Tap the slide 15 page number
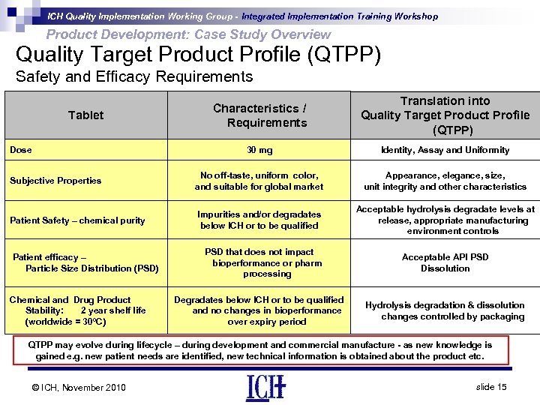[x=491, y=386]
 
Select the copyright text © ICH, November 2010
[x=79, y=387]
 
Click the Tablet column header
[x=85, y=115]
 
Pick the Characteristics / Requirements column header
[x=259, y=115]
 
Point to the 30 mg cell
[x=259, y=150]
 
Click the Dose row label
[x=21, y=150]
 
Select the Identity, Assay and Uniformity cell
[x=445, y=150]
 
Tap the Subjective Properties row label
[x=55, y=181]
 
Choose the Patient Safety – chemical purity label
[x=77, y=220]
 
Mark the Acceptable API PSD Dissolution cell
[x=445, y=262]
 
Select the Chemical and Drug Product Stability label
[x=77, y=310]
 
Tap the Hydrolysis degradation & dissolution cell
[x=445, y=310]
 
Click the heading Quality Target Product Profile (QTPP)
[x=198, y=55]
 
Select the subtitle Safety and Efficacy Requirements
[x=134, y=76]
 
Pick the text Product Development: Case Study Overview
[x=188, y=34]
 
